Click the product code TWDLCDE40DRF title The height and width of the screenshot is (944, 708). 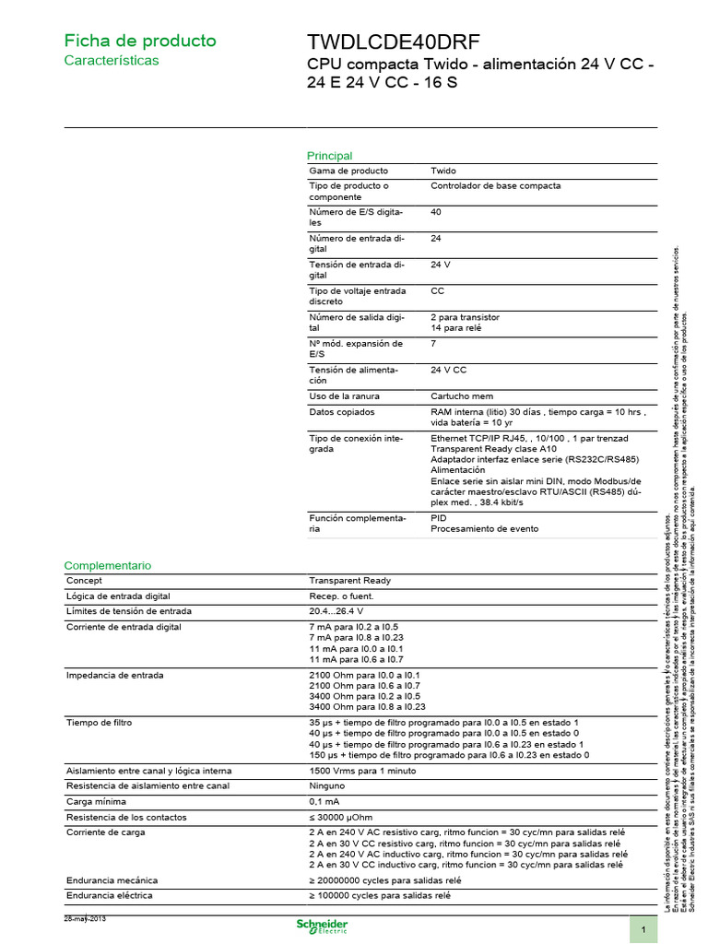click(x=393, y=43)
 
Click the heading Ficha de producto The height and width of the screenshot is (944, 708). click(x=139, y=41)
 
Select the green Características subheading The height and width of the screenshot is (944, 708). click(x=111, y=60)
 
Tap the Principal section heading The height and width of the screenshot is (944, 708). click(x=329, y=156)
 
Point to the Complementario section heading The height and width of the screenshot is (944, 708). click(x=107, y=565)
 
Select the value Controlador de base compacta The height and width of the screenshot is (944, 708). click(x=495, y=185)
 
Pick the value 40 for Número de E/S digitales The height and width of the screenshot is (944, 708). click(x=437, y=211)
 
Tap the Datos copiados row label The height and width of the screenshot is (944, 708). click(x=342, y=411)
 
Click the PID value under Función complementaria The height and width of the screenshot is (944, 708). click(x=439, y=518)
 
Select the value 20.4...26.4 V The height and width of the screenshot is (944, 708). click(x=336, y=610)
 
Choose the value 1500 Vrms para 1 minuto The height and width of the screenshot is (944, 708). click(x=361, y=770)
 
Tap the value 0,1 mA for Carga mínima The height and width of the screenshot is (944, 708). click(x=324, y=801)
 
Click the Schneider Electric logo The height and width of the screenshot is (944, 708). click(x=322, y=926)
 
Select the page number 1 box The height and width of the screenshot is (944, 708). click(x=643, y=930)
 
